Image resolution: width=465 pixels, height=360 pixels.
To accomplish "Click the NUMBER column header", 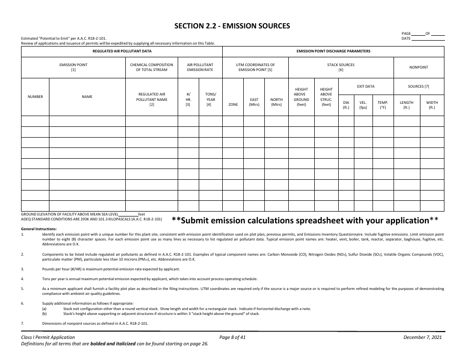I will [35, 96].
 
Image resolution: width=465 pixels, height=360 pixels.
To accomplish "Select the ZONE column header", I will [233, 104].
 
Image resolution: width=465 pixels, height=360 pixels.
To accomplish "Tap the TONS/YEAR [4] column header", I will [210, 99].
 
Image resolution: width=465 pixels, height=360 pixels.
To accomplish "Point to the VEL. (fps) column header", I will [363, 105].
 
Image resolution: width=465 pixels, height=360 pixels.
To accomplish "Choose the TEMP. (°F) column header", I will [383, 105].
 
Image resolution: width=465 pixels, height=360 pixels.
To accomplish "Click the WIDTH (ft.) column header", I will [432, 105].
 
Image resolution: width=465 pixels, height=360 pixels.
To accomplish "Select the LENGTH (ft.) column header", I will [407, 105].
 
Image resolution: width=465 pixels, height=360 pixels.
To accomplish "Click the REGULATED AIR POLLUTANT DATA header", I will [122, 51].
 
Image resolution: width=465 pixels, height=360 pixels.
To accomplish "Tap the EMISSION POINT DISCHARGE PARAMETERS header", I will [333, 51].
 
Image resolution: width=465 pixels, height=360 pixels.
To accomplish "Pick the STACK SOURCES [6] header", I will [341, 67].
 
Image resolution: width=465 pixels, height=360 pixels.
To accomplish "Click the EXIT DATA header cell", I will [366, 86].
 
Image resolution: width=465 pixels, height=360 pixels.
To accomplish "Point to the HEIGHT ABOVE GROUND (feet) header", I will [301, 96].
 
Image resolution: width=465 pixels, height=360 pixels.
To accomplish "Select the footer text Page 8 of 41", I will [232, 337].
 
